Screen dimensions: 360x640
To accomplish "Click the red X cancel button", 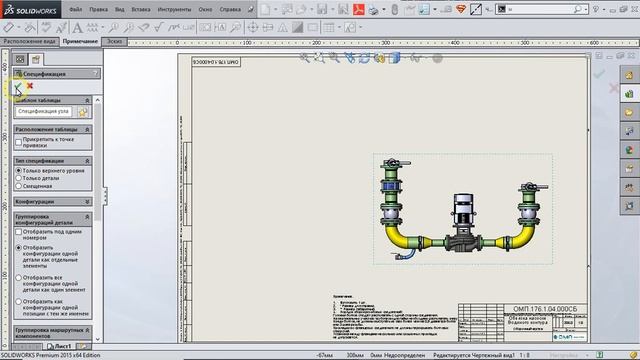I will click(x=30, y=86).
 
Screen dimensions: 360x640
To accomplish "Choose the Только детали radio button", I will click(x=18, y=178).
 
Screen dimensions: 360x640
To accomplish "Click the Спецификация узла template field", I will click(x=44, y=112).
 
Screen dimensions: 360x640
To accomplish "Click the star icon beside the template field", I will click(x=83, y=112).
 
